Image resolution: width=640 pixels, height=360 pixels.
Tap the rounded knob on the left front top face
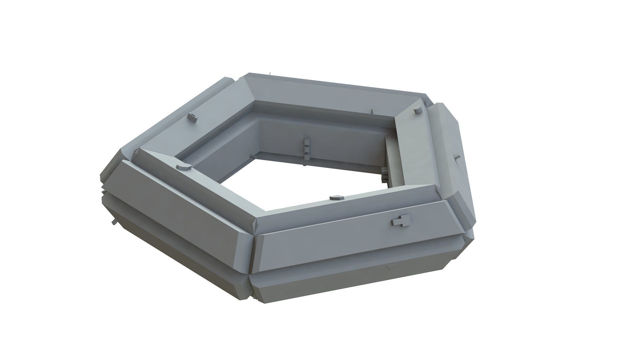pyautogui.click(x=183, y=166)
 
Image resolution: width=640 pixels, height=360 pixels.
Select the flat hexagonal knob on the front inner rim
pyautogui.click(x=336, y=198)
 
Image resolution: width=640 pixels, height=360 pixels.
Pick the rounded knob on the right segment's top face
pyautogui.click(x=417, y=111)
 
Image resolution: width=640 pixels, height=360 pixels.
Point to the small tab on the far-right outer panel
pyautogui.click(x=457, y=156)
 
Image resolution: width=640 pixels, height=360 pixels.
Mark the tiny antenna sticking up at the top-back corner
pyautogui.click(x=270, y=72)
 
